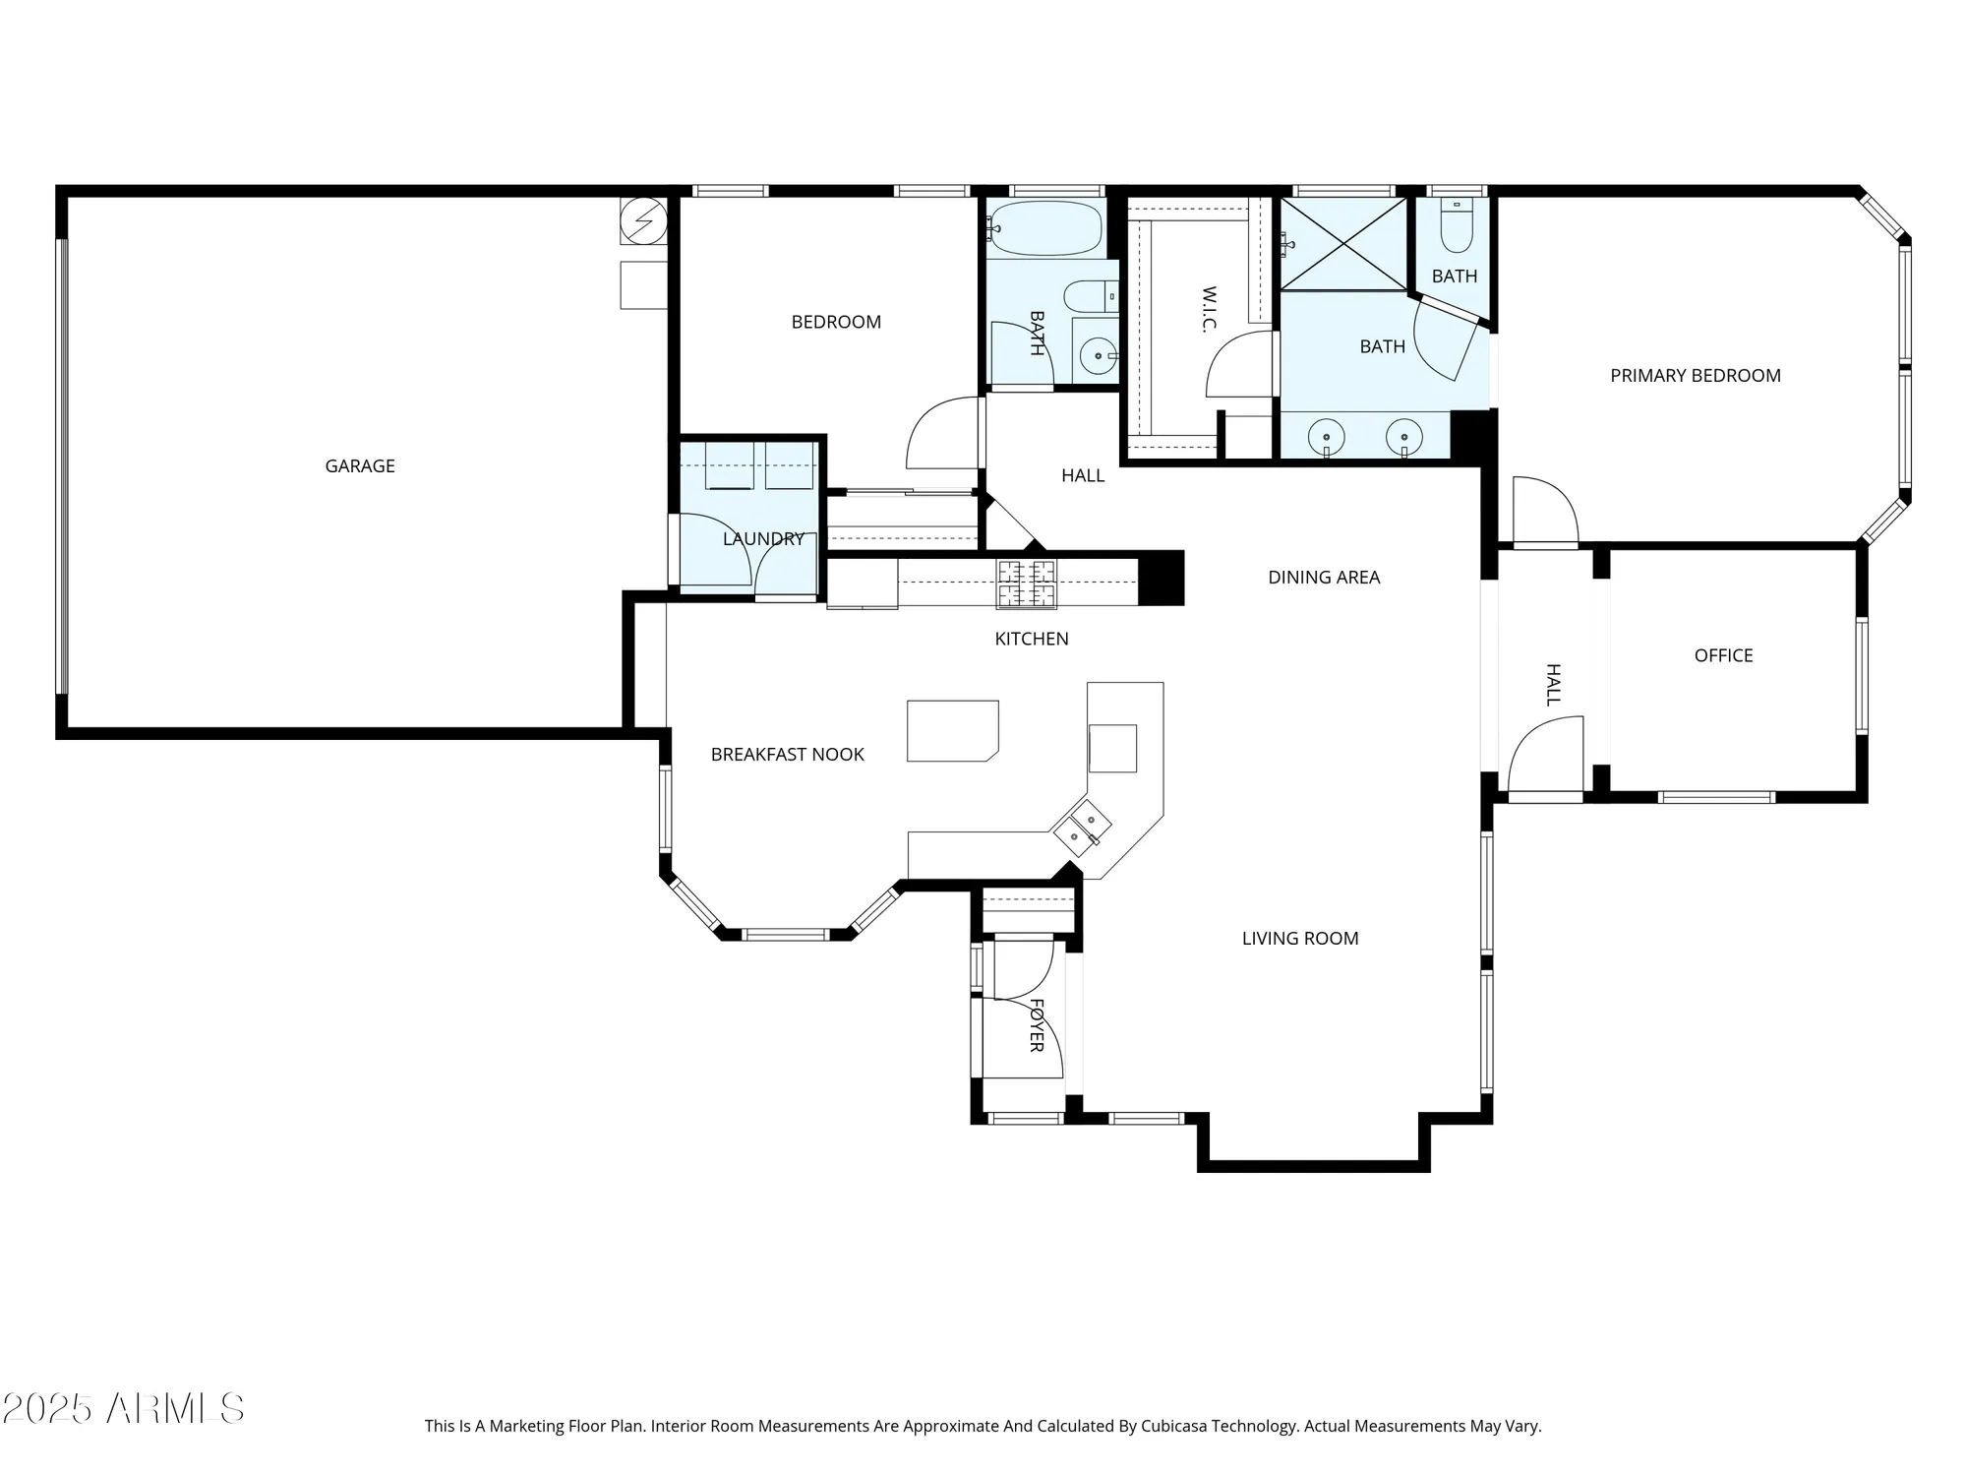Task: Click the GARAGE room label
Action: pos(360,466)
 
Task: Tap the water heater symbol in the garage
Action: pos(644,222)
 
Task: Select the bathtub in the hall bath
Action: pos(1045,228)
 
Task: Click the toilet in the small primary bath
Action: pos(1456,229)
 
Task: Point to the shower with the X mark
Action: pos(1343,244)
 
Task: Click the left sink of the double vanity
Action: pos(1327,436)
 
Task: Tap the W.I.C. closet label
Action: pos(1209,310)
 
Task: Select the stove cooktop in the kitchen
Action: pos(1026,583)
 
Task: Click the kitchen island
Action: pos(951,730)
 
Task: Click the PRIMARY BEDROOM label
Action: pos(1695,376)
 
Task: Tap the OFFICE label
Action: pos(1723,656)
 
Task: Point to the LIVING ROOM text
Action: pos(1299,939)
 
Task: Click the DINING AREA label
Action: pos(1323,578)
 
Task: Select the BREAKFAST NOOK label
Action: pos(787,755)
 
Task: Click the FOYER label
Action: pos(1036,1025)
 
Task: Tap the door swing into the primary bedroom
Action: pos(1544,510)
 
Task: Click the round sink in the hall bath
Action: pos(1096,355)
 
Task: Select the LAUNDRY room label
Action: pos(763,539)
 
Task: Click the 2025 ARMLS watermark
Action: pos(123,1409)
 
